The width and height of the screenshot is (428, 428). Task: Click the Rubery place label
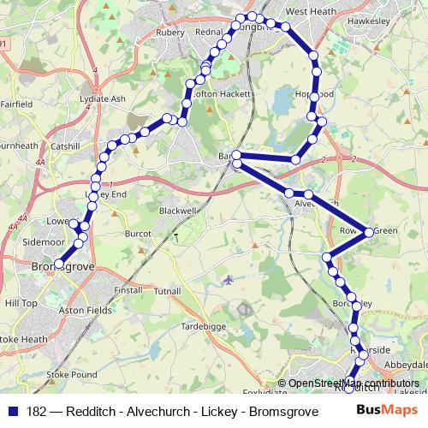170,33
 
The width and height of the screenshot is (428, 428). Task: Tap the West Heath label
307,12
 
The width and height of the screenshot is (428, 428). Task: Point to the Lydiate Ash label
102,99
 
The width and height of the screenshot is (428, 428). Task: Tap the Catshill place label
65,146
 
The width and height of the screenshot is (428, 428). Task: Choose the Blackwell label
178,210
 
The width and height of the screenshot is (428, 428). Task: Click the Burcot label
138,233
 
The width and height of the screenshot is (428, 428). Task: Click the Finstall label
128,291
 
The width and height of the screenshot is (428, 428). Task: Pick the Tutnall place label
168,292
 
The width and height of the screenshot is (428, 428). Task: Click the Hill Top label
21,303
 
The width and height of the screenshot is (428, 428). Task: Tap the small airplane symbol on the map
228,279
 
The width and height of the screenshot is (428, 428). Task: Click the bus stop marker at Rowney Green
369,232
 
